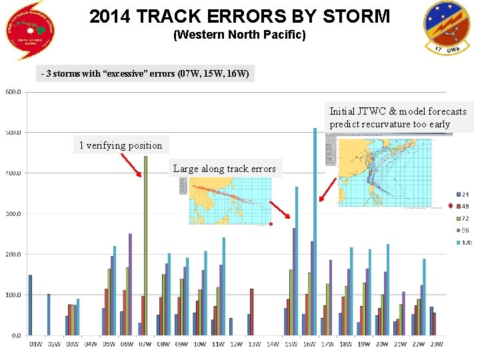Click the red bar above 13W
coord(251,312)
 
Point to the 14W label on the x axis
coord(272,344)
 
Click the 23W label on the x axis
coord(436,344)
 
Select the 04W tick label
coord(89,344)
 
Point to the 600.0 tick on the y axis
coord(13,92)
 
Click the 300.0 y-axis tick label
coord(13,214)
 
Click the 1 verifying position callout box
coord(121,145)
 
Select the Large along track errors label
coord(224,169)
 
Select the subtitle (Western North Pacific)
coord(239,35)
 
